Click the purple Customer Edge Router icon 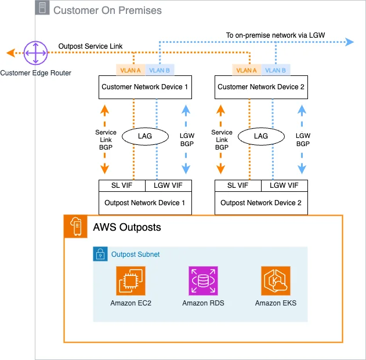[35, 53]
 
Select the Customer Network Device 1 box [145, 87]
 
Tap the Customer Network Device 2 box [261, 87]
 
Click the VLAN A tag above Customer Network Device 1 [131, 70]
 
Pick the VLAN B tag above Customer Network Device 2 [276, 70]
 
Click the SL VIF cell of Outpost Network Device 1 [122, 186]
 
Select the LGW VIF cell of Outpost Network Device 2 [284, 186]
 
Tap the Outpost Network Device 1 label [145, 203]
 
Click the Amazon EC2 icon [131, 281]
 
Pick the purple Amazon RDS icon [203, 281]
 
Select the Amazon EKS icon [276, 281]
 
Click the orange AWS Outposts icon [75, 226]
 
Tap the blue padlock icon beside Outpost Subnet [100, 254]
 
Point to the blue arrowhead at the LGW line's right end [350, 42]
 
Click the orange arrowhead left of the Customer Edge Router [11, 53]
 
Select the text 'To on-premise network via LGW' [276, 35]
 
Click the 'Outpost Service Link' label [90, 46]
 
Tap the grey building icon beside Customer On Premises [42, 8]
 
